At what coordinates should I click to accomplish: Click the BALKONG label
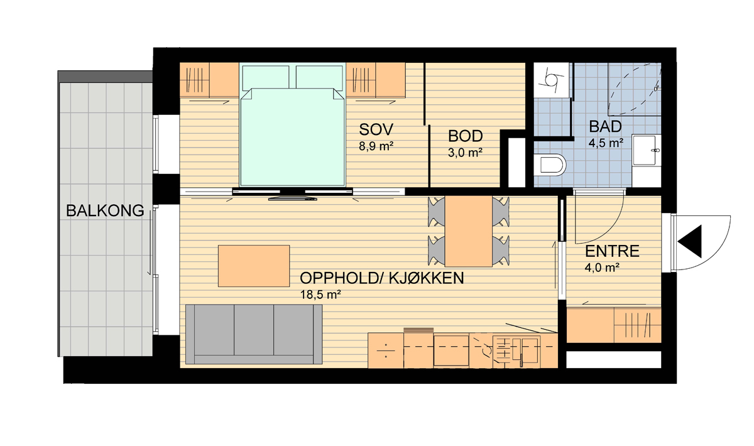tap(105, 210)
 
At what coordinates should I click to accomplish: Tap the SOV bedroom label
tap(376, 129)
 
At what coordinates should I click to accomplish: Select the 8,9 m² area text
tap(376, 146)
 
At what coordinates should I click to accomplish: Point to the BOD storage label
tap(465, 136)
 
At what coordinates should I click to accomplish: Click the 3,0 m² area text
tap(465, 153)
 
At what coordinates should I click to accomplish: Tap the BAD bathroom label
tap(605, 126)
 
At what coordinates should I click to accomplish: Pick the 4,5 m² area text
tap(606, 143)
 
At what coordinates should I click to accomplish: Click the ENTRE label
tap(612, 251)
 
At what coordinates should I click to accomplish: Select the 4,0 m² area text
tap(602, 268)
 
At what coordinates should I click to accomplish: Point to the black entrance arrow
tap(690, 241)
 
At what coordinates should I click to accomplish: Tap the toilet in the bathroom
tap(550, 165)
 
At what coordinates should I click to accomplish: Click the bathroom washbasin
tap(647, 150)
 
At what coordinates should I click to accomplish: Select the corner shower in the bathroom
tap(634, 89)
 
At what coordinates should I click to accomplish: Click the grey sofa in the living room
tap(254, 334)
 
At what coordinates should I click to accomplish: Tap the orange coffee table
tap(254, 266)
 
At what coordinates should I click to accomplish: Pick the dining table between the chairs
tap(469, 231)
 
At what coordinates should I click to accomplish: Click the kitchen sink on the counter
tap(525, 351)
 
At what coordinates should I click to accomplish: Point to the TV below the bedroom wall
tap(293, 199)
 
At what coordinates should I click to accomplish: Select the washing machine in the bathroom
tap(552, 80)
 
